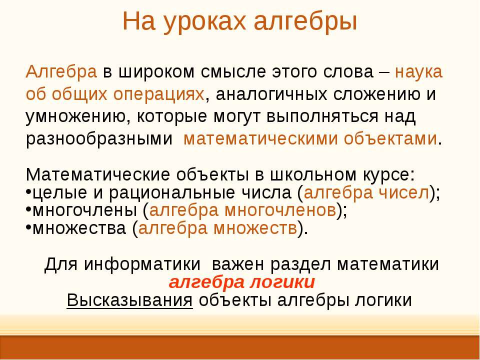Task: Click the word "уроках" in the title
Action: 204,21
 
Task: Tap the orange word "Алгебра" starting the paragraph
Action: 61,72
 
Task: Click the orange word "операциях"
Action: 158,94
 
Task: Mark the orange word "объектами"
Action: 390,138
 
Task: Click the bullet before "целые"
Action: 28,191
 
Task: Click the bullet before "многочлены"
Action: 28,209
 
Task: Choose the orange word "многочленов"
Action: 280,211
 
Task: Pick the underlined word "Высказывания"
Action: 130,300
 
